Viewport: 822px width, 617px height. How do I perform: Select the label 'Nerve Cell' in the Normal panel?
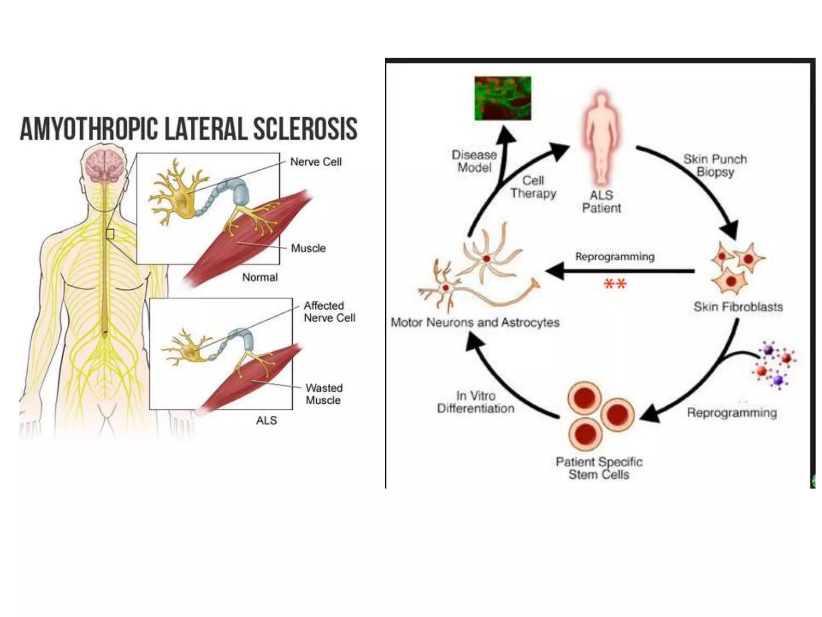pyautogui.click(x=316, y=162)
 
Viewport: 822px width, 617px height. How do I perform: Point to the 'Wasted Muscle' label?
pyautogui.click(x=324, y=394)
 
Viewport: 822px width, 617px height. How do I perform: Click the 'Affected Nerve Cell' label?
pyautogui.click(x=329, y=312)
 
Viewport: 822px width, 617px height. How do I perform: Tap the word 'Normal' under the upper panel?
pyautogui.click(x=260, y=277)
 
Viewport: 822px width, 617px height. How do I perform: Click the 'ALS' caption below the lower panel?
pyautogui.click(x=266, y=420)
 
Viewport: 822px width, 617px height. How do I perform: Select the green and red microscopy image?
pyautogui.click(x=503, y=98)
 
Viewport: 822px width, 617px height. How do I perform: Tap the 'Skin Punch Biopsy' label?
pyautogui.click(x=715, y=165)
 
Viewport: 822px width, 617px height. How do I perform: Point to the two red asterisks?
pyautogui.click(x=615, y=284)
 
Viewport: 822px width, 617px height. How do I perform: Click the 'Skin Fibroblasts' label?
pyautogui.click(x=738, y=307)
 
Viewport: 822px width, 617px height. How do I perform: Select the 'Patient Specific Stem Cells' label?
pyautogui.click(x=599, y=468)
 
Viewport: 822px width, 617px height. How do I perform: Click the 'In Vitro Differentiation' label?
pyautogui.click(x=476, y=402)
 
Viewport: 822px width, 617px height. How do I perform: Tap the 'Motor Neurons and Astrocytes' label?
pyautogui.click(x=475, y=322)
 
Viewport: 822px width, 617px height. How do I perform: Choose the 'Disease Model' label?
pyautogui.click(x=474, y=161)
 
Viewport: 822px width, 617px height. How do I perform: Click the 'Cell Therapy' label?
pyautogui.click(x=533, y=187)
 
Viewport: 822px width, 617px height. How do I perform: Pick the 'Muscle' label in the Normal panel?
pyautogui.click(x=308, y=248)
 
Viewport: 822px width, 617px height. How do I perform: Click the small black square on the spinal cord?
pyautogui.click(x=110, y=234)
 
